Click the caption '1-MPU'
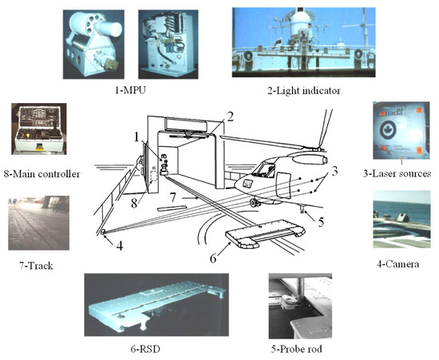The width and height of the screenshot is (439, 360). coord(130,90)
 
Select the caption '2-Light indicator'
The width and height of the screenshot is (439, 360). coord(304,91)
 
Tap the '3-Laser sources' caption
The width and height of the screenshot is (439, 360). coord(397,173)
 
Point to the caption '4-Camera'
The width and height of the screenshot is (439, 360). coord(397,264)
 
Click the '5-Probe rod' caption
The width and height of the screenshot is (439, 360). coord(296,349)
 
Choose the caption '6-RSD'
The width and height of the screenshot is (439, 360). coord(145,349)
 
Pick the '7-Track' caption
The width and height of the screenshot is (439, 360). coord(36,265)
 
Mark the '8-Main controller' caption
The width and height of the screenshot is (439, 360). coord(42,174)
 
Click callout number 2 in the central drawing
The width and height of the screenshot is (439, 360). coord(230,117)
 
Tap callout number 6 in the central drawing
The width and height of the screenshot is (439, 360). coord(213,259)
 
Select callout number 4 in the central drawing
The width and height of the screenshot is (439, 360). coord(120,246)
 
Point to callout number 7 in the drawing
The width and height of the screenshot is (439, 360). coord(173,198)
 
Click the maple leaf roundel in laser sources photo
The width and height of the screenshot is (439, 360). coord(388,130)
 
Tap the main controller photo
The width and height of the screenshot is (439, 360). coord(39,129)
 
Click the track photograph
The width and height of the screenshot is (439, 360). coord(38,223)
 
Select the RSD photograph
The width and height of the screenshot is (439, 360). coord(156,305)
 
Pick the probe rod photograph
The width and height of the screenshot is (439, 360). coord(300,306)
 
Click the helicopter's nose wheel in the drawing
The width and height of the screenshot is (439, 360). coord(255,203)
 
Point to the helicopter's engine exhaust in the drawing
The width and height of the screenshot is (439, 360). coord(324,160)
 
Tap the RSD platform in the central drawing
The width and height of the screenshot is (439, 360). coord(265,233)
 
